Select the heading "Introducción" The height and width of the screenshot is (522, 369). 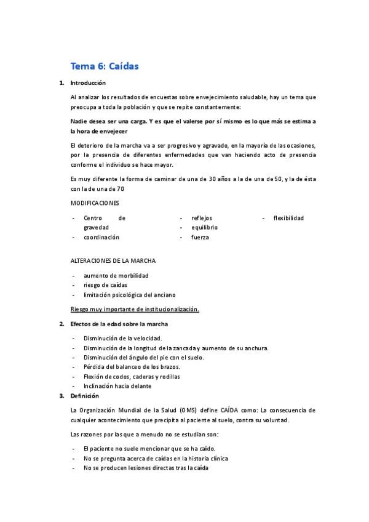88,83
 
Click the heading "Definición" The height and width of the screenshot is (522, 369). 85,396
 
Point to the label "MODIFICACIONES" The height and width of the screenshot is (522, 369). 95,203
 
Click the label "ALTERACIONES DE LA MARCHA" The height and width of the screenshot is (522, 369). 113,260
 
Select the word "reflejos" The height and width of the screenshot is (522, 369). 202,218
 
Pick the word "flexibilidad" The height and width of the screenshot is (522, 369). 288,218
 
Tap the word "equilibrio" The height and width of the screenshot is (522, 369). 204,227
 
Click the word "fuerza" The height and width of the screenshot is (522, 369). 200,237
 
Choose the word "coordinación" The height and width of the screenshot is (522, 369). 101,237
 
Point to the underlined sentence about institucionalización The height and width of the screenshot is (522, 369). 135,309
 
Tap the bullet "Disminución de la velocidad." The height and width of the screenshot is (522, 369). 122,339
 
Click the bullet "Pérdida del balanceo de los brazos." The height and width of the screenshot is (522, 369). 132,367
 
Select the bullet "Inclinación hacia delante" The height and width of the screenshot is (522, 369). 117,386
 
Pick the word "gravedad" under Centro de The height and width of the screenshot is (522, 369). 96,227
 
